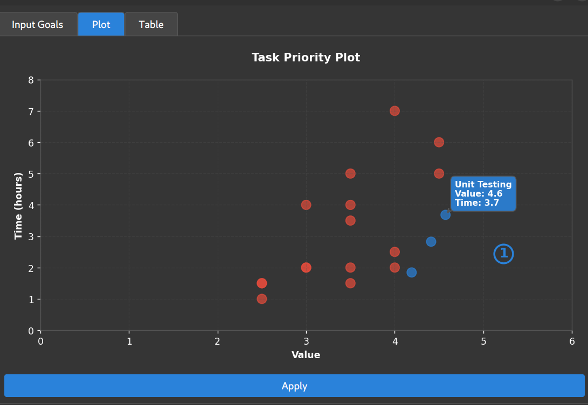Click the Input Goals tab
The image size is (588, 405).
[38, 25]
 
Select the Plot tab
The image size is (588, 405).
[101, 25]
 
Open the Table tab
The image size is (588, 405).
[151, 25]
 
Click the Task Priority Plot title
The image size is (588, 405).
[306, 57]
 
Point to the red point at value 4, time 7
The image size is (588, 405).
[395, 111]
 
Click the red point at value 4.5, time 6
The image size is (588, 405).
[439, 142]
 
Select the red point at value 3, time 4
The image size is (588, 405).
[306, 205]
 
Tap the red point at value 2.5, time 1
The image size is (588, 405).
[262, 299]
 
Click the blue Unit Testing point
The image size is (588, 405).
[445, 215]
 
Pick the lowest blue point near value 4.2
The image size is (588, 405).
[411, 273]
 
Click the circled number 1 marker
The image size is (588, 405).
[503, 254]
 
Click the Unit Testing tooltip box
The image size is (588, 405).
[483, 193]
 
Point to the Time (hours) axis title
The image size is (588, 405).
[19, 205]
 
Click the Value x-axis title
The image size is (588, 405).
[306, 355]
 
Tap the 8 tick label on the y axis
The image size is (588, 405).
[31, 80]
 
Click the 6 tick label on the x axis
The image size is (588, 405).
[572, 341]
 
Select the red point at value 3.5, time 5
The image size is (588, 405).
[350, 173]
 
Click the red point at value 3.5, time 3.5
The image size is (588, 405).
[350, 220]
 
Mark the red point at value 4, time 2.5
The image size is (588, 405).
[395, 252]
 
